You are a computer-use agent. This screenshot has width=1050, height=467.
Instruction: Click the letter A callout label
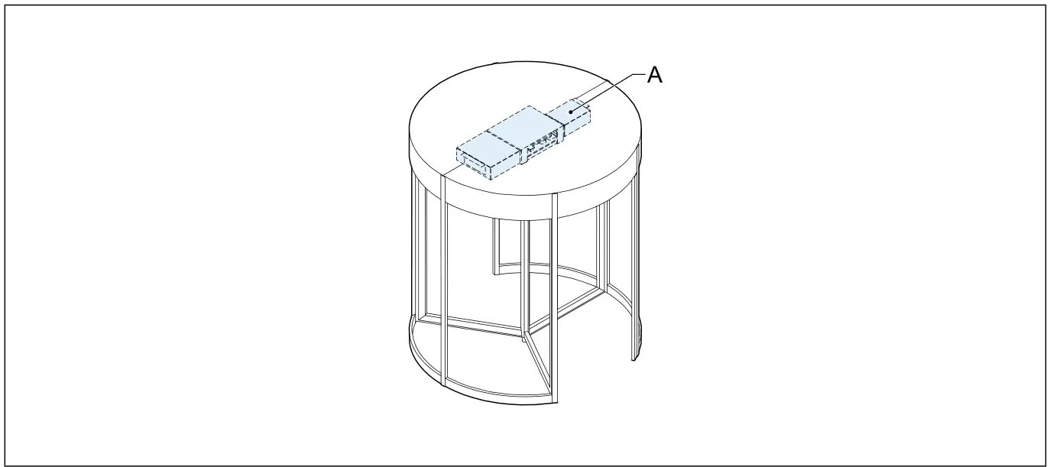655,75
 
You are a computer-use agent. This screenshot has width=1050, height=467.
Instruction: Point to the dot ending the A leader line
570,111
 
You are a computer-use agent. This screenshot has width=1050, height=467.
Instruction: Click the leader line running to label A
608,92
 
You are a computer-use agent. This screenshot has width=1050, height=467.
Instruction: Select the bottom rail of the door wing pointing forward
538,368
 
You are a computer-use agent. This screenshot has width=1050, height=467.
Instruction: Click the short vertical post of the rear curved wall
495,247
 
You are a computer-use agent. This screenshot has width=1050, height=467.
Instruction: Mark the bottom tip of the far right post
633,360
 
